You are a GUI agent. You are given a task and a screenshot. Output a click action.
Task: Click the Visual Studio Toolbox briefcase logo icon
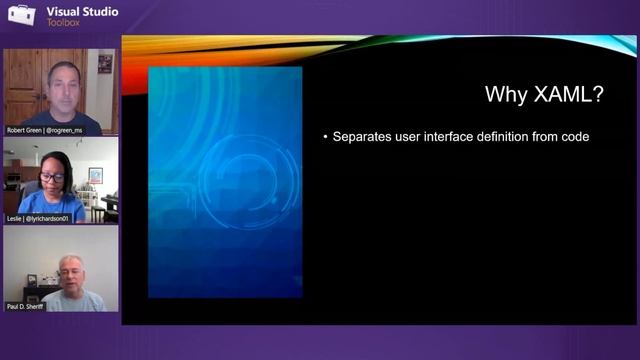coord(22,17)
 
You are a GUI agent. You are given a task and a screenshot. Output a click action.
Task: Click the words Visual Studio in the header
coord(82,12)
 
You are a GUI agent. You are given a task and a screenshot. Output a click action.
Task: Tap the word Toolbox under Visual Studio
coord(65,22)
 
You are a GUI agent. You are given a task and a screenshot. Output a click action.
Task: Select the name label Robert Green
coord(25,130)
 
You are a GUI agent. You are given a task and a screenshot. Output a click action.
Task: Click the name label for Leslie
coord(15,217)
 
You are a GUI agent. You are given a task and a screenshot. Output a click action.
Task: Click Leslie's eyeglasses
coord(52,176)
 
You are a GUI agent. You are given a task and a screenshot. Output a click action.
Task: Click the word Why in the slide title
coord(505,95)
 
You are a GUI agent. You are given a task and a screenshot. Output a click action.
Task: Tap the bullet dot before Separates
coord(325,137)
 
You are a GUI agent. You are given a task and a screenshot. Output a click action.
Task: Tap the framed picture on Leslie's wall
coord(95,175)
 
